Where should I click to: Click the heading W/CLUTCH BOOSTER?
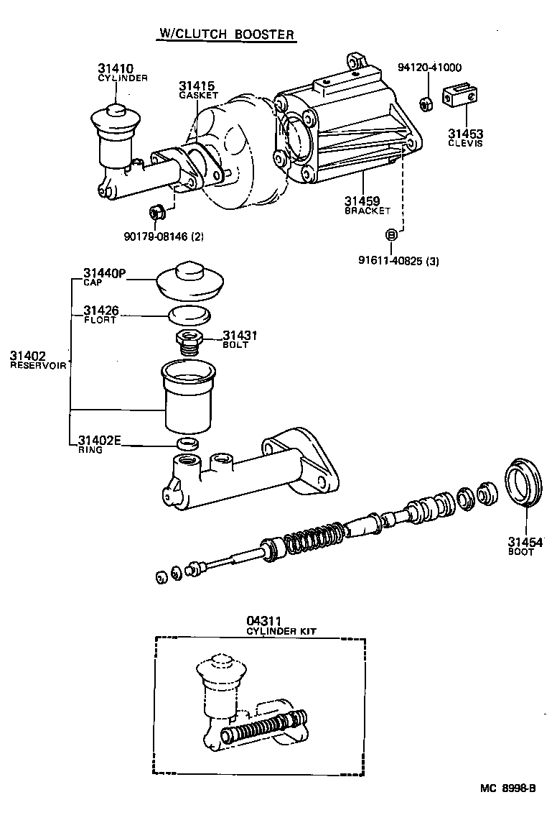(226, 34)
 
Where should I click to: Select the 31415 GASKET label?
(198, 90)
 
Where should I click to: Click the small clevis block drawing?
(458, 96)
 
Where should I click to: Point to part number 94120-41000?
(429, 68)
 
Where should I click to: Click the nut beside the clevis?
(425, 104)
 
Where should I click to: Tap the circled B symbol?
(392, 234)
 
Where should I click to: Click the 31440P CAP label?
(103, 276)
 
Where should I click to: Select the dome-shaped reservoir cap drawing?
(190, 282)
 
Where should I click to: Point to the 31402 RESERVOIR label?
(37, 359)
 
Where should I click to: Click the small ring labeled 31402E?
(187, 441)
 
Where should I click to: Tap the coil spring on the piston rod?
(315, 536)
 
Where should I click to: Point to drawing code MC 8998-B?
(508, 788)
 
